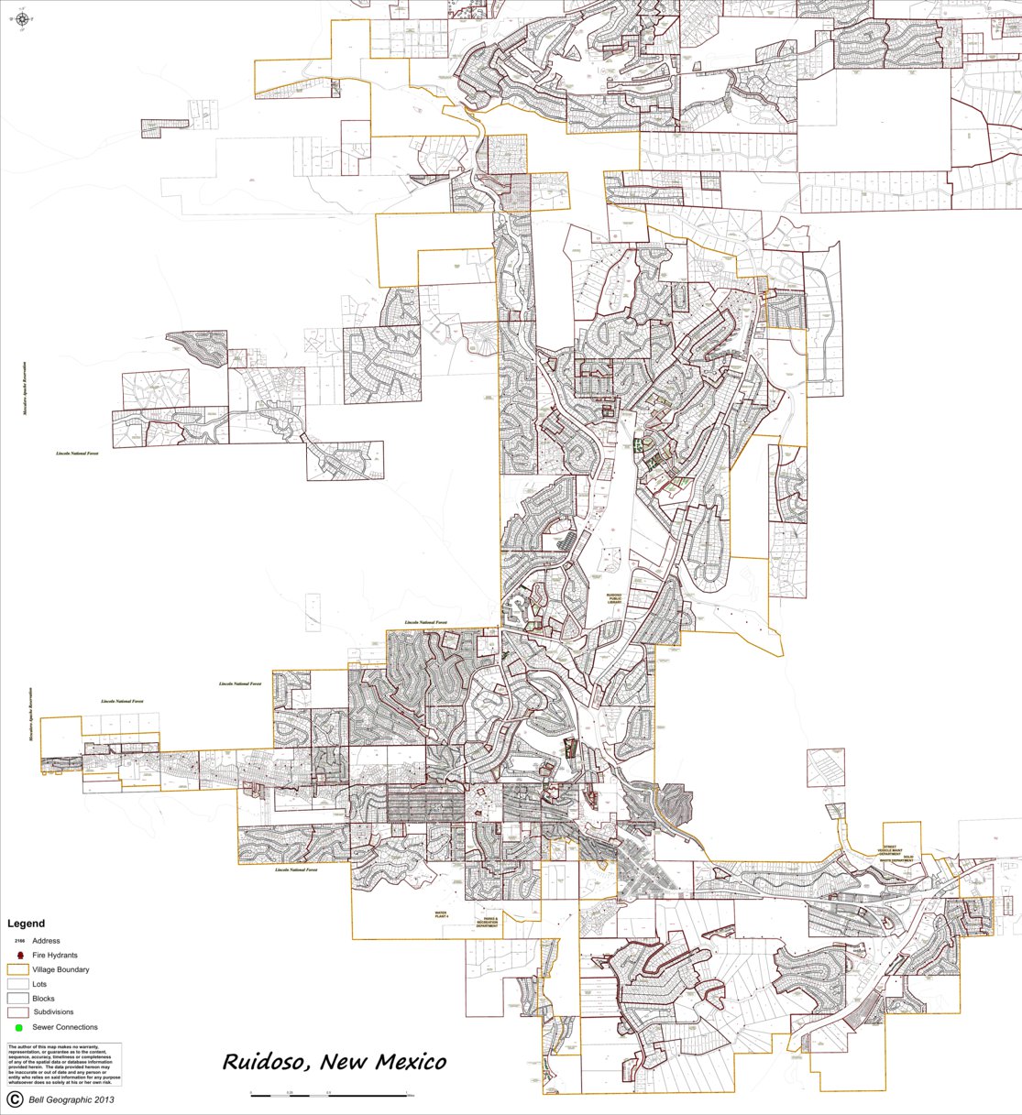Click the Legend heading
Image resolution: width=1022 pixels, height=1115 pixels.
(x=26, y=924)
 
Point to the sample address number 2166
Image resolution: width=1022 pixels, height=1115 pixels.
(x=19, y=941)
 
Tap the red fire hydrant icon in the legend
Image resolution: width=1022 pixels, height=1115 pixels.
(x=19, y=956)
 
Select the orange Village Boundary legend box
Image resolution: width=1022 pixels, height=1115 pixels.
(x=18, y=969)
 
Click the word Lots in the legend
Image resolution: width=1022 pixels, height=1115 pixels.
(x=39, y=984)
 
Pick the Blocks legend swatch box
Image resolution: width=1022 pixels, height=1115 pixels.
(x=18, y=999)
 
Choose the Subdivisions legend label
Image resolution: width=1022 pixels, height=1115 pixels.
(x=53, y=1012)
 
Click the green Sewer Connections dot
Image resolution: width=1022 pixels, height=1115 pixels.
(x=18, y=1028)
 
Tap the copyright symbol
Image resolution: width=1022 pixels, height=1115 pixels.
(x=15, y=1099)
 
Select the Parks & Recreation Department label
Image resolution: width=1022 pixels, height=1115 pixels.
(x=489, y=922)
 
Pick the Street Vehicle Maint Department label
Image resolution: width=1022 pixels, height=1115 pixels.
(x=889, y=852)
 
